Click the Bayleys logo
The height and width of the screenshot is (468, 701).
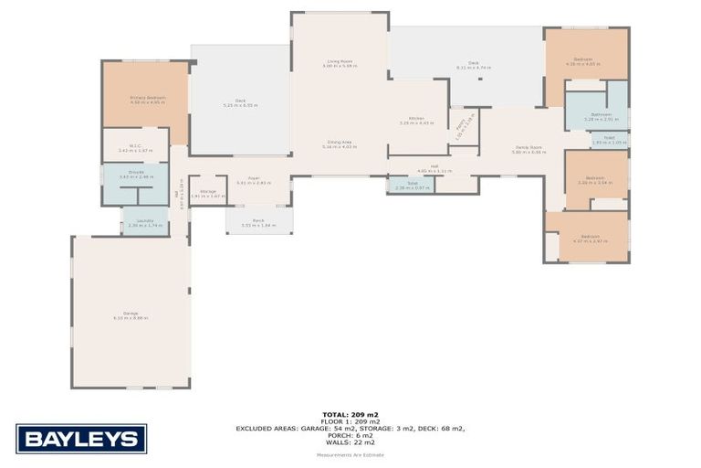[80, 439]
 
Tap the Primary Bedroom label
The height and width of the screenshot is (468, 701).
[146, 97]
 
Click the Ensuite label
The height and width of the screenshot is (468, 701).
[135, 172]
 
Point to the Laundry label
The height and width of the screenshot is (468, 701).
[145, 220]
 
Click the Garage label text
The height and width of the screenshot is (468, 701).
[131, 314]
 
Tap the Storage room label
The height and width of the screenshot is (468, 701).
[207, 191]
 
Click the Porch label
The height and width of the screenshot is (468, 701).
[258, 220]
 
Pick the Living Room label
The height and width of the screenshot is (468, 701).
[340, 61]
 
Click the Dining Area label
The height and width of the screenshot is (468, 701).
[340, 142]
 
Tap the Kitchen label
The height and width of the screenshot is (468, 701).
[416, 118]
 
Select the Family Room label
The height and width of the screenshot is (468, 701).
[528, 147]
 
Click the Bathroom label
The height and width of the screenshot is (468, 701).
[600, 114]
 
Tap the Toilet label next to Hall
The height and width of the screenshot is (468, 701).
[412, 183]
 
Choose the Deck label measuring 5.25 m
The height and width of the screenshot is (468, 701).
[240, 101]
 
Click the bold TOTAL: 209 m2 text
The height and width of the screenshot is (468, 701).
[350, 414]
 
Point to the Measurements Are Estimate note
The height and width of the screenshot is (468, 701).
[350, 454]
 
